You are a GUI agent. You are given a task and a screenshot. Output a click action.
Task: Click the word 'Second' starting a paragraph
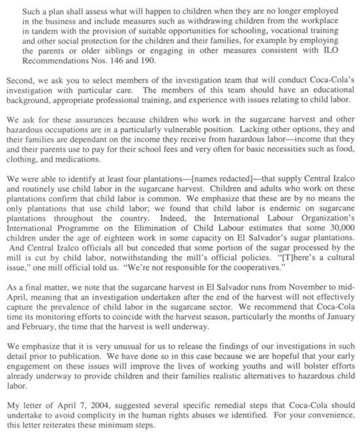[x=17, y=80]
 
